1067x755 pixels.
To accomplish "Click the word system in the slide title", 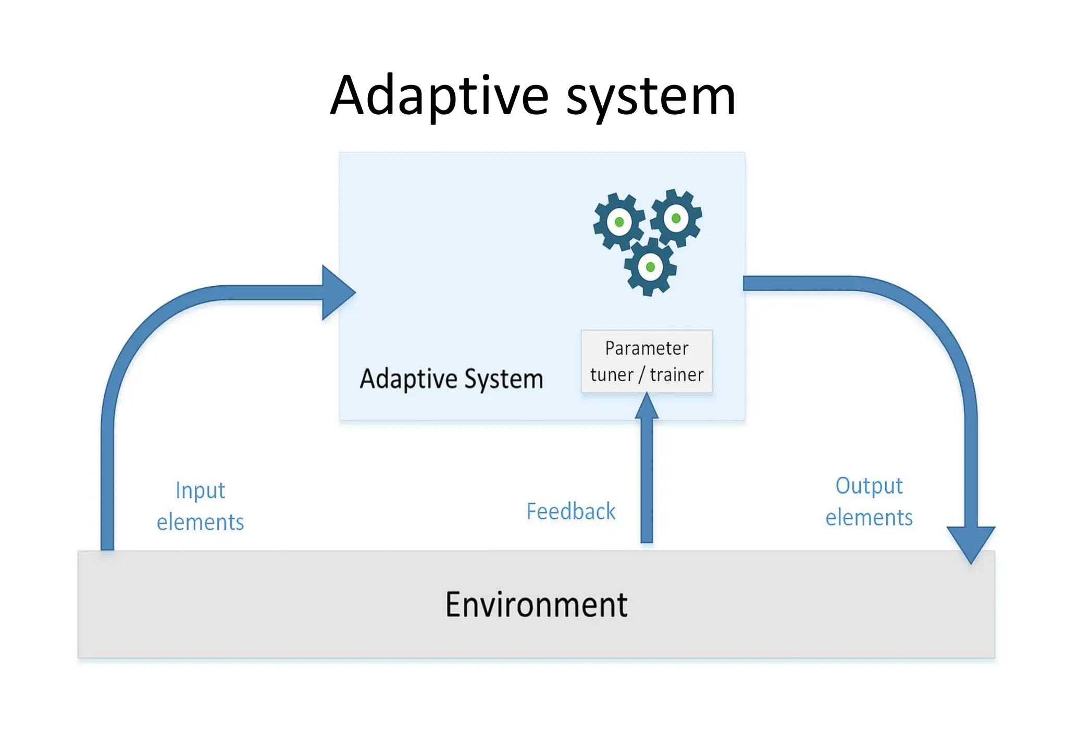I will (651, 96).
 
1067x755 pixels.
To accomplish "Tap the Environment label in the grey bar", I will (536, 605).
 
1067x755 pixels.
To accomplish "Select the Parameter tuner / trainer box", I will (647, 361).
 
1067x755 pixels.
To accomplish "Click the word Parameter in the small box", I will (647, 348).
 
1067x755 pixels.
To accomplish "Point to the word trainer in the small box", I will (676, 374).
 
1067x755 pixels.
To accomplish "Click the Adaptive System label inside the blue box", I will (451, 379).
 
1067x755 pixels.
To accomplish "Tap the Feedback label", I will (570, 511).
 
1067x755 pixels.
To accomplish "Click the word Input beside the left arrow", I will (200, 491).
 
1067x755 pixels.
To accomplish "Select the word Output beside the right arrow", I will (869, 485).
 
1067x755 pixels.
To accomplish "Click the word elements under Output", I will (869, 518).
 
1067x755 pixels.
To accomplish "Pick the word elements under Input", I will (200, 522).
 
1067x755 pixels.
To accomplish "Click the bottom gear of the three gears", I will (650, 267).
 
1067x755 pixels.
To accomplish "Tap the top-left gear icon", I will (619, 222).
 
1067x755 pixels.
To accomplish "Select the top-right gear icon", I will (676, 218).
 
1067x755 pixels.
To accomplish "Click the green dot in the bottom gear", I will (650, 267).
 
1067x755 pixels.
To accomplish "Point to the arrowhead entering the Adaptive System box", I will (336, 293).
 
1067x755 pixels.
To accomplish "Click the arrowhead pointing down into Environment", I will (971, 542).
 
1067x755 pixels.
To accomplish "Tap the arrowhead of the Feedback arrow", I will (647, 407).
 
